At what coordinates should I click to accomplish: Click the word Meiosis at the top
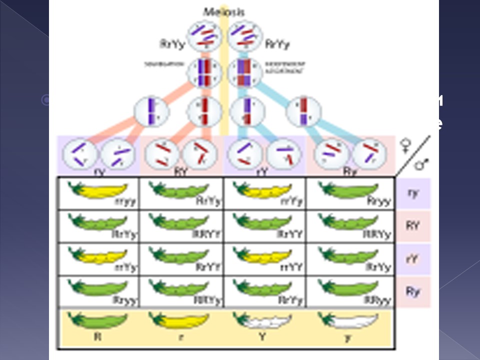(x=223, y=11)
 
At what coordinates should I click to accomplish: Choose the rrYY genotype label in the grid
(x=291, y=267)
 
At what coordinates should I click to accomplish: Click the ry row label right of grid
(x=413, y=192)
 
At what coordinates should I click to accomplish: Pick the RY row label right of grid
(x=413, y=225)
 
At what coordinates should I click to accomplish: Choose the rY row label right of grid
(x=413, y=258)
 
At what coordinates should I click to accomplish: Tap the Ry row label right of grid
(x=413, y=291)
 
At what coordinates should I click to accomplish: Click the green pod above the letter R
(x=97, y=320)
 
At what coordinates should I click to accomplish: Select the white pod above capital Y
(x=261, y=320)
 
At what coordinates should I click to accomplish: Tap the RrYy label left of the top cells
(x=171, y=44)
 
